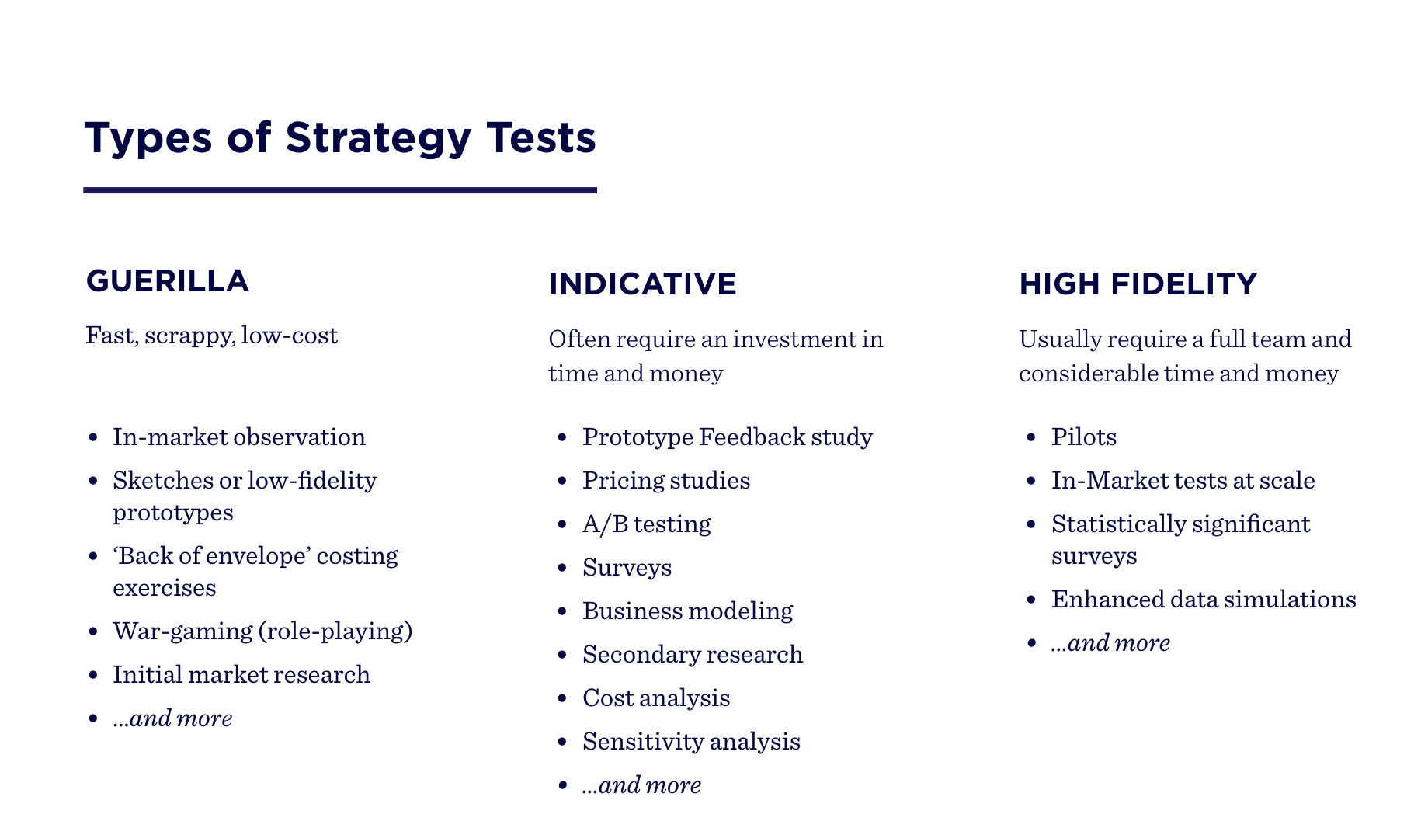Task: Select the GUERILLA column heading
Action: point(168,281)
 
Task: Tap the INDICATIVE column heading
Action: point(642,284)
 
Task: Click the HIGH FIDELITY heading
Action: point(1138,284)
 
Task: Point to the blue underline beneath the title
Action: point(340,190)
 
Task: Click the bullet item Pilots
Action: point(1084,437)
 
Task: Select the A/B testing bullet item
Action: point(647,524)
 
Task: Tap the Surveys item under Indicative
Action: point(627,568)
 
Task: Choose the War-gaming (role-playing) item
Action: point(262,631)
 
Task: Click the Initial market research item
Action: point(241,674)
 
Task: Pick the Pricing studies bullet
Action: point(666,481)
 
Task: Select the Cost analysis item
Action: point(656,698)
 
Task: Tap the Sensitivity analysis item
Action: point(691,742)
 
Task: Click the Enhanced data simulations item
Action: point(1204,600)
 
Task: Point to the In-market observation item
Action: point(239,437)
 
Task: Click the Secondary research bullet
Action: point(693,655)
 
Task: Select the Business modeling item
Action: point(688,611)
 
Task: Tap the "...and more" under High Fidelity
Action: point(1110,643)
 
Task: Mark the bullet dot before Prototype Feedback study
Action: point(563,438)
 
